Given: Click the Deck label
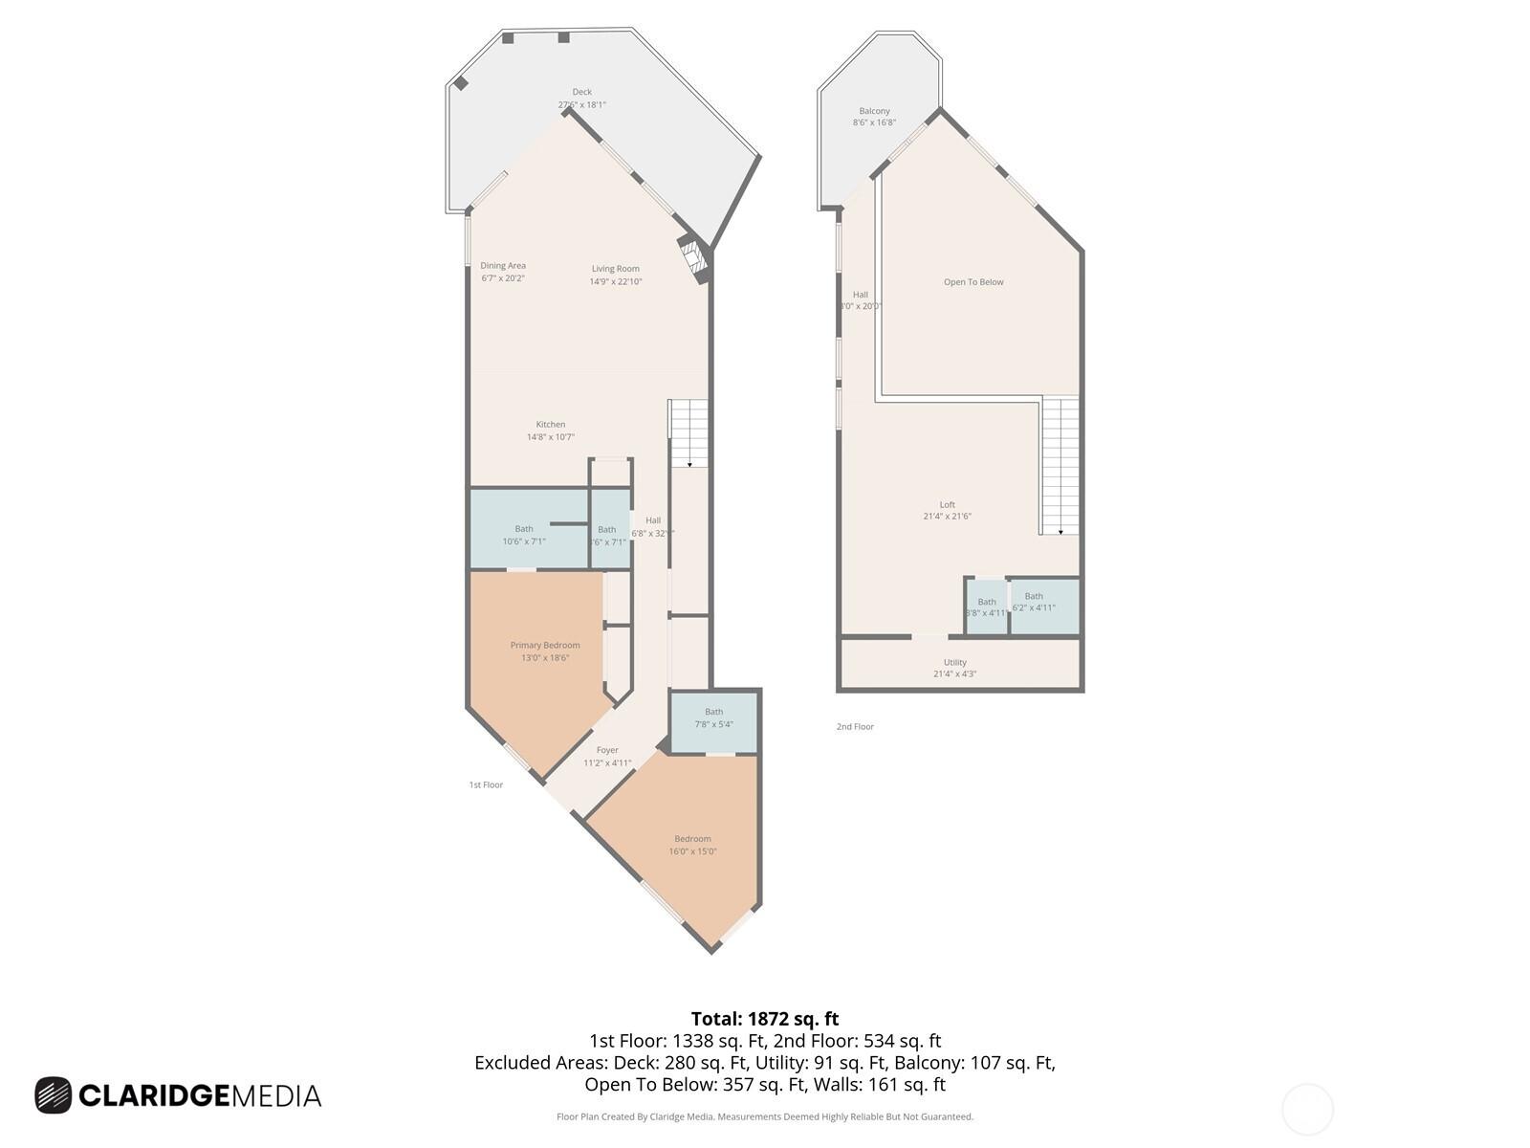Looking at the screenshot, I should (x=581, y=93).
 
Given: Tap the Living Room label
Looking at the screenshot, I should (x=615, y=269).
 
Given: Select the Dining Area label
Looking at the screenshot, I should (x=503, y=266).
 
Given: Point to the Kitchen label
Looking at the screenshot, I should (x=550, y=425).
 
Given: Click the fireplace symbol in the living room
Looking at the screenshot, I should (x=692, y=257).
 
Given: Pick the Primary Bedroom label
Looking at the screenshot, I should (x=545, y=646).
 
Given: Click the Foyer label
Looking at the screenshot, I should (x=607, y=751).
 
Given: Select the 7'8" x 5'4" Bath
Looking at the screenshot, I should (x=713, y=718).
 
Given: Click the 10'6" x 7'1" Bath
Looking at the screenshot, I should (x=524, y=535).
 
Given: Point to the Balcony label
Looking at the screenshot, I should (x=874, y=112).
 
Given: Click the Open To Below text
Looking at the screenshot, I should (x=973, y=282).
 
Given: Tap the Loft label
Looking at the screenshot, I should (x=947, y=505).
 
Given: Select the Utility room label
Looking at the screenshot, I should (x=954, y=663).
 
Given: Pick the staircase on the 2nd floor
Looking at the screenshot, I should (x=1060, y=465).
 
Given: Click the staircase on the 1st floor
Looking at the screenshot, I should (x=688, y=432).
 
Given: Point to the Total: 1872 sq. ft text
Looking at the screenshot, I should (x=765, y=1019).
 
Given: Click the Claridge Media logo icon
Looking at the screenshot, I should (x=54, y=1095).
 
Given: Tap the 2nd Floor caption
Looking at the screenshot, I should (x=855, y=727).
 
